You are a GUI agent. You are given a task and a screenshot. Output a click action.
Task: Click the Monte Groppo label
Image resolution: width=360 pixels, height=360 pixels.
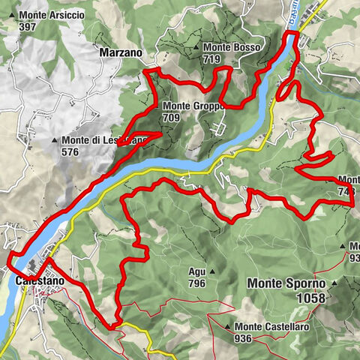[x=193, y=106]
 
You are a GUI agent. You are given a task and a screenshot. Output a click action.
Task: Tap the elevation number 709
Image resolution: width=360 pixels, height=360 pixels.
[x=172, y=117]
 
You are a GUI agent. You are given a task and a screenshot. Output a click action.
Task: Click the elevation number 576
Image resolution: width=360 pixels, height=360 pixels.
[x=71, y=151]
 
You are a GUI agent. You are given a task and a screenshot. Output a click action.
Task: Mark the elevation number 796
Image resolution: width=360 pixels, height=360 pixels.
[x=197, y=283]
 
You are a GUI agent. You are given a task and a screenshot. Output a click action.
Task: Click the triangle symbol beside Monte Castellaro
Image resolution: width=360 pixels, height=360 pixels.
[x=227, y=327]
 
